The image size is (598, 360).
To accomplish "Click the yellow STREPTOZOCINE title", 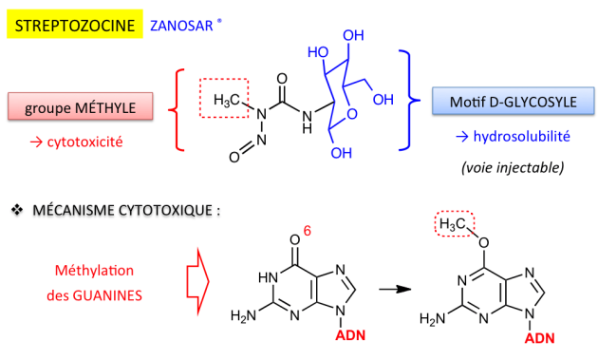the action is (x=75, y=24).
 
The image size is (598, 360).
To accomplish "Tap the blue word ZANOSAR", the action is (x=181, y=26).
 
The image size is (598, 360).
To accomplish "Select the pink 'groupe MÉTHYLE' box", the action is (x=81, y=106).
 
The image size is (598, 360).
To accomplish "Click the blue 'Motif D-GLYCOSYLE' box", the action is (x=513, y=102).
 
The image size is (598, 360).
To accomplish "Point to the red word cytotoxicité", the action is (x=84, y=142).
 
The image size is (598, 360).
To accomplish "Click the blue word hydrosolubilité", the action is (x=521, y=136).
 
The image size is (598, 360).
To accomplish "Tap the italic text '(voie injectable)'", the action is (x=513, y=167).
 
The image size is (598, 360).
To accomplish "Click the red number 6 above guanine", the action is (x=307, y=231).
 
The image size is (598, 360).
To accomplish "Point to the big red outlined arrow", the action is (x=197, y=281).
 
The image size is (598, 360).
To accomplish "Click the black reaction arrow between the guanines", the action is (x=395, y=289).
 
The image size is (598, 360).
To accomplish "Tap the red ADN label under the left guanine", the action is (x=350, y=335).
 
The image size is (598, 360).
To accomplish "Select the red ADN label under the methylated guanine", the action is (x=540, y=338).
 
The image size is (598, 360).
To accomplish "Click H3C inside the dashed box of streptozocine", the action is (x=227, y=101).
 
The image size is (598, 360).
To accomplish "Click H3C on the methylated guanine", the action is (x=453, y=224).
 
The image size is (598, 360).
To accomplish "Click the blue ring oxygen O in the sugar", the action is (x=352, y=114).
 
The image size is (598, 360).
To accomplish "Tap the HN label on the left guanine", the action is (x=268, y=277).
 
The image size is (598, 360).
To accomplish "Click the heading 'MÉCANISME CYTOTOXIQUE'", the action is (x=122, y=210).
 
